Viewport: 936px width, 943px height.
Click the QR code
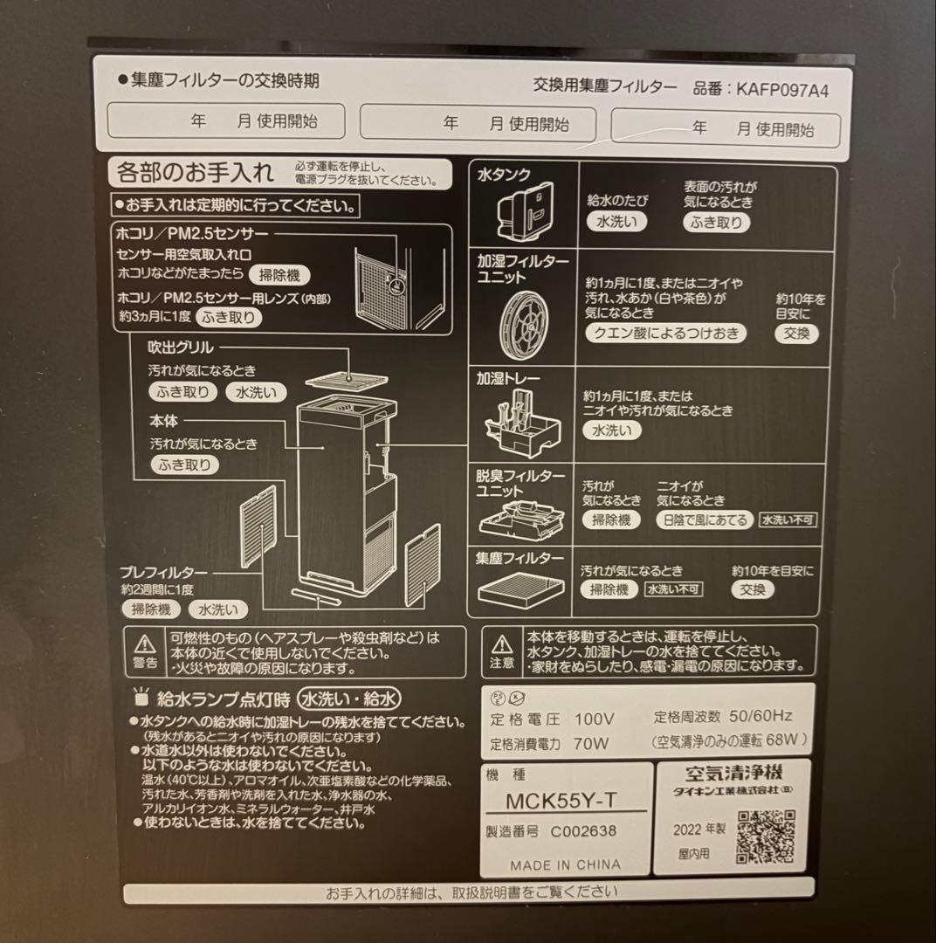pyautogui.click(x=765, y=836)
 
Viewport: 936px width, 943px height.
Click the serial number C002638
pyautogui.click(x=583, y=831)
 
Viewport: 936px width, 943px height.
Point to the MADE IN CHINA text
pyautogui.click(x=566, y=864)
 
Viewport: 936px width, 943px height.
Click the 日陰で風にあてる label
pyautogui.click(x=704, y=520)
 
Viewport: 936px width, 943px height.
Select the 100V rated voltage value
pyautogui.click(x=594, y=720)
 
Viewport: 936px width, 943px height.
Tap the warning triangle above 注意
pyautogui.click(x=502, y=645)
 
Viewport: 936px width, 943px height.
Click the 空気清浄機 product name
pyautogui.click(x=733, y=772)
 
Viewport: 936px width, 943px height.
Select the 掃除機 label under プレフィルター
pyautogui.click(x=151, y=609)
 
